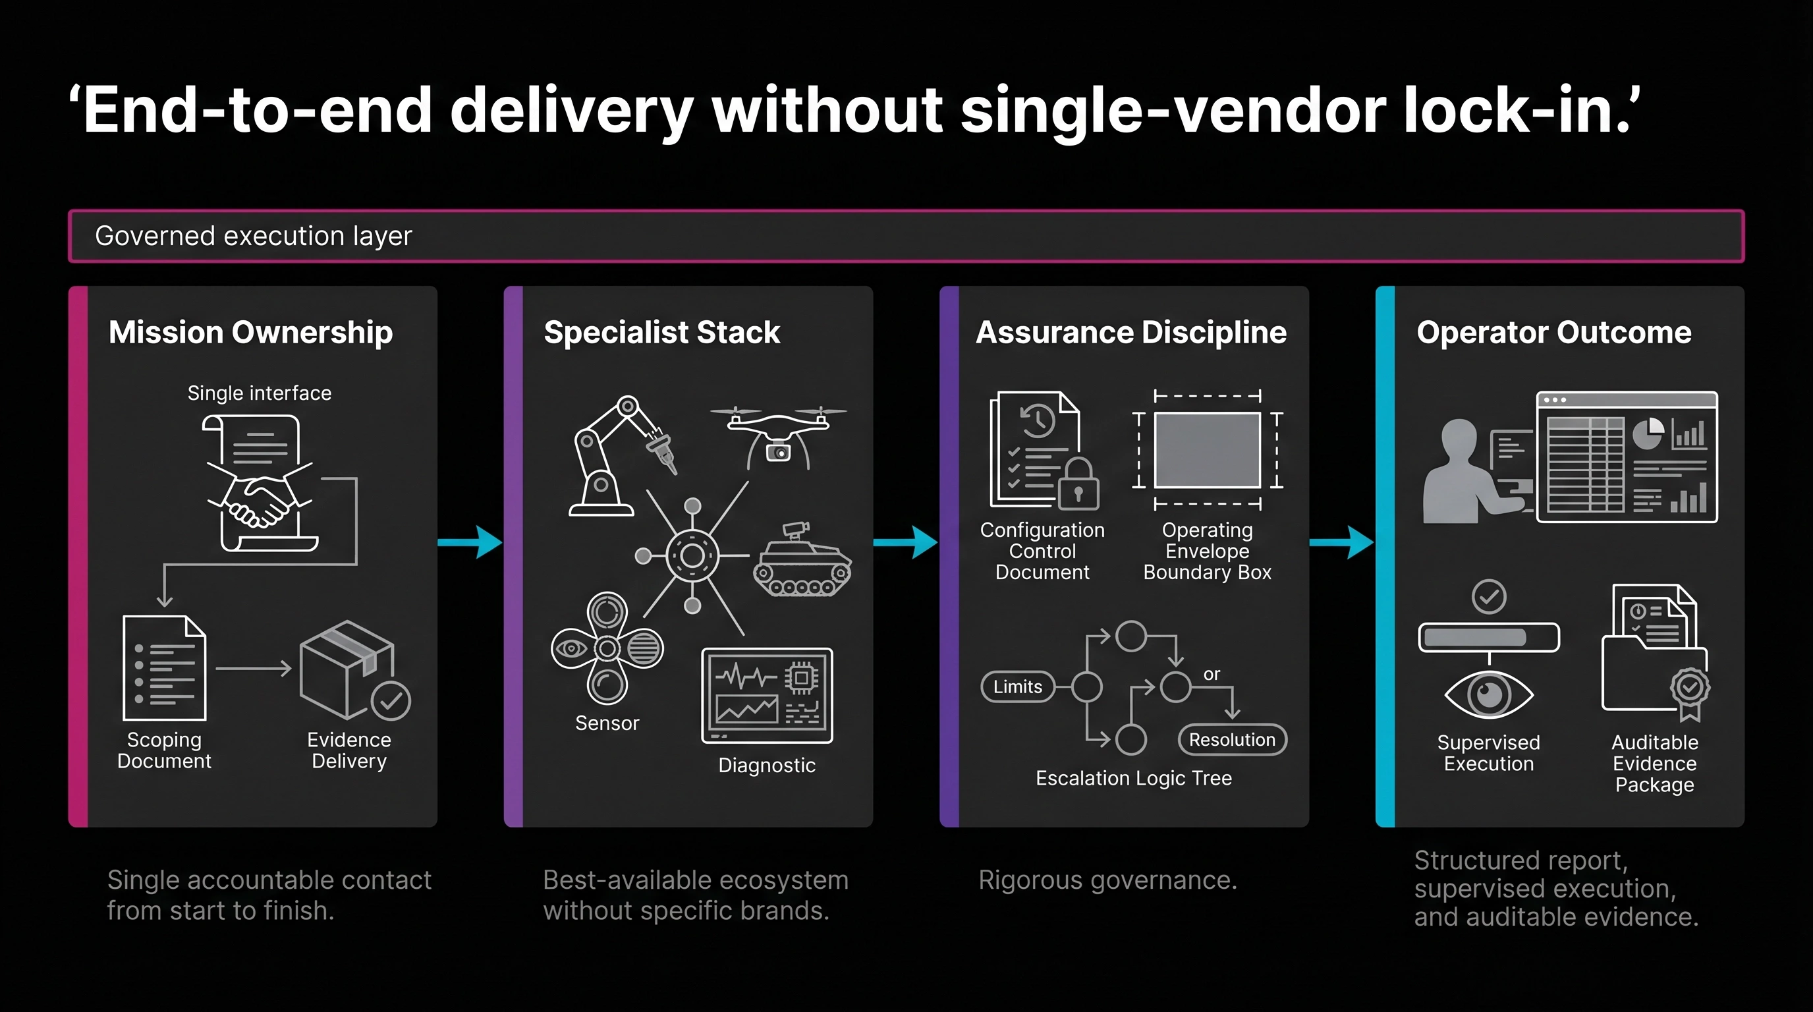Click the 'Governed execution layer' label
[x=254, y=237]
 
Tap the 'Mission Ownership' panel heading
[x=250, y=332]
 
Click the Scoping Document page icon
[x=165, y=669]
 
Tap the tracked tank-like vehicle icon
[x=802, y=563]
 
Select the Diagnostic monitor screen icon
[x=767, y=695]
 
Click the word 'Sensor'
[x=607, y=723]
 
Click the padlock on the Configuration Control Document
[x=1078, y=486]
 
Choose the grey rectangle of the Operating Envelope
[x=1207, y=451]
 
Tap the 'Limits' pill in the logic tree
[x=1018, y=687]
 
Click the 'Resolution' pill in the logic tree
[x=1232, y=740]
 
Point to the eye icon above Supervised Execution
[x=1489, y=694]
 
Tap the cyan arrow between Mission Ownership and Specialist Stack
[x=470, y=542]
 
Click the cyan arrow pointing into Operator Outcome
[x=1341, y=542]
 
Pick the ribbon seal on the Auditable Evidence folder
[x=1690, y=690]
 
